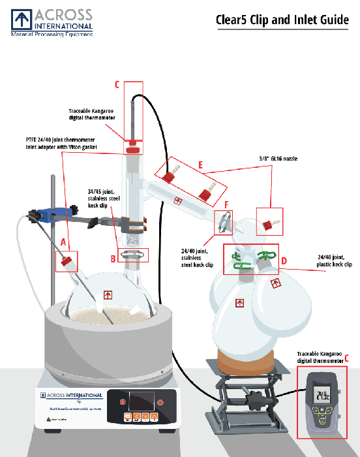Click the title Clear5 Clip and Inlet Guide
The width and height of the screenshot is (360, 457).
[282, 20]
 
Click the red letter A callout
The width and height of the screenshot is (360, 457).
[63, 241]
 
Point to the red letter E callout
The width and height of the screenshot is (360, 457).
[201, 166]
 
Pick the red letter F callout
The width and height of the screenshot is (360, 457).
[226, 204]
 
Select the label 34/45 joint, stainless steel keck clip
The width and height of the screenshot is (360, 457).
[103, 198]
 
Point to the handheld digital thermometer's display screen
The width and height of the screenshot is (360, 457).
[324, 394]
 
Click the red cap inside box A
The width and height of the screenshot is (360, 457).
[65, 263]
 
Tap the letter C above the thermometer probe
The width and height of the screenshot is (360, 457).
[117, 85]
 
